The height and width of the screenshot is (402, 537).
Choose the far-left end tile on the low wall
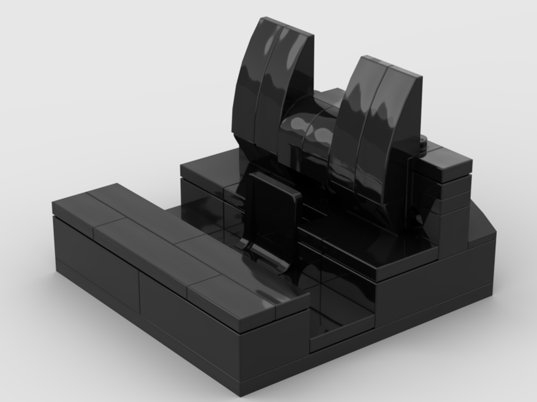point(81,206)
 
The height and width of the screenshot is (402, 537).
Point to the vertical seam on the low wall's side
point(140,292)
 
